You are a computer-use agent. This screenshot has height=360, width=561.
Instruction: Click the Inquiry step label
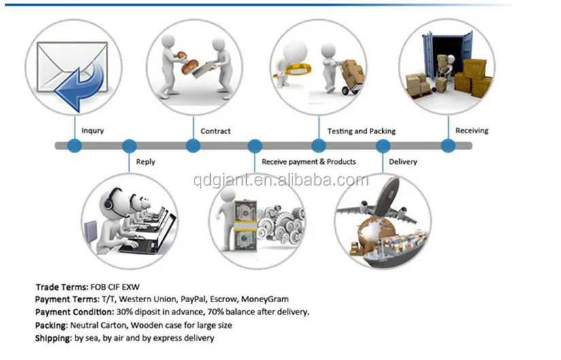(x=92, y=131)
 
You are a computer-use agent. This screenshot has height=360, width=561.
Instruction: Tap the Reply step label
(x=146, y=162)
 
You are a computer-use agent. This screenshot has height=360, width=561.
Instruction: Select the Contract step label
(x=216, y=131)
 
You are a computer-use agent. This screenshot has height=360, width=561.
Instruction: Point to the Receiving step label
(x=472, y=130)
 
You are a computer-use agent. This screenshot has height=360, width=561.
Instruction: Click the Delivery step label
(x=403, y=162)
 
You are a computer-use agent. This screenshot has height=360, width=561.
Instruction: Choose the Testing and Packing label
(x=361, y=131)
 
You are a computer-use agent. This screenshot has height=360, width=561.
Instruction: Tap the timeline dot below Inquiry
(x=75, y=146)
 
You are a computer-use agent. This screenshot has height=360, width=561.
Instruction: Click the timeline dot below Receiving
(x=447, y=146)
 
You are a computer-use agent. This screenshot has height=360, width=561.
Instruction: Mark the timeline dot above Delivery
(x=384, y=146)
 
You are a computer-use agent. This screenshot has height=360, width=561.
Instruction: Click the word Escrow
(x=226, y=299)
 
